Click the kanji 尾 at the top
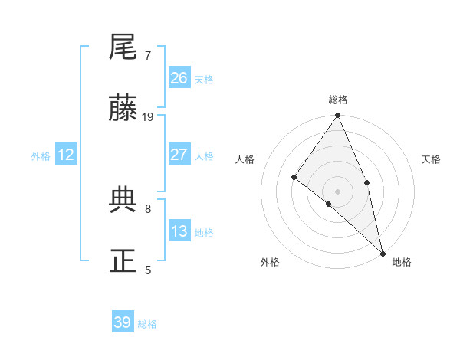[123, 47]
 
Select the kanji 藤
[123, 110]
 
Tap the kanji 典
[123, 200]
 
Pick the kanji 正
[123, 261]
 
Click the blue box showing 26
[179, 78]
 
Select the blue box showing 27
[179, 155]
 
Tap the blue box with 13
[179, 231]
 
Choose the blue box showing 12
[66, 155]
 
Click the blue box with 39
[123, 322]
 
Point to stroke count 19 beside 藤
[149, 117]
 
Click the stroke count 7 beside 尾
[148, 56]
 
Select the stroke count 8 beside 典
[148, 208]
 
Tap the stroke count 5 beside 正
[148, 270]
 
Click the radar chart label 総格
[338, 100]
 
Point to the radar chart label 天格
[431, 159]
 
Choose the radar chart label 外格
[269, 262]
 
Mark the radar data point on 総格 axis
[338, 116]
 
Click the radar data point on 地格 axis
[383, 252]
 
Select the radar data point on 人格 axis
[294, 177]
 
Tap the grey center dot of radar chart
[338, 191]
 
